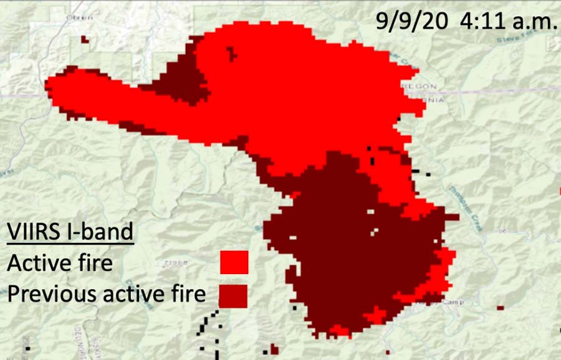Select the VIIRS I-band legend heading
(70, 232)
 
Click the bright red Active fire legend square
(234, 262)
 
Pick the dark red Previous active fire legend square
(233, 295)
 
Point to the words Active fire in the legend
(60, 263)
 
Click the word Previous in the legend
(48, 293)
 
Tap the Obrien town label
(80, 17)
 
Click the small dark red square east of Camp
(500, 308)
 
